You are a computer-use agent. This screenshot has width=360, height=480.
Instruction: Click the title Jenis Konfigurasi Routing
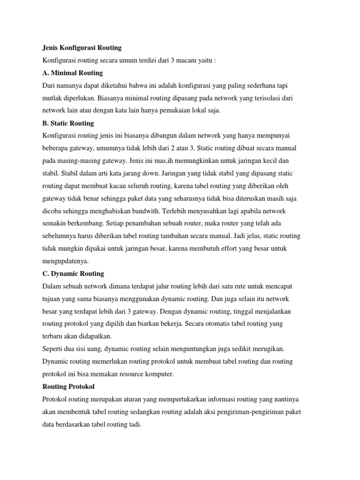point(82,47)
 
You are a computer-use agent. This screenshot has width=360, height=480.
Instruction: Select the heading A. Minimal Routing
point(73,73)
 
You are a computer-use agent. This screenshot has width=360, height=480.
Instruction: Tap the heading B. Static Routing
point(68,123)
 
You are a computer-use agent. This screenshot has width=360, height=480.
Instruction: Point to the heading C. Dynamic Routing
point(73,273)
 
